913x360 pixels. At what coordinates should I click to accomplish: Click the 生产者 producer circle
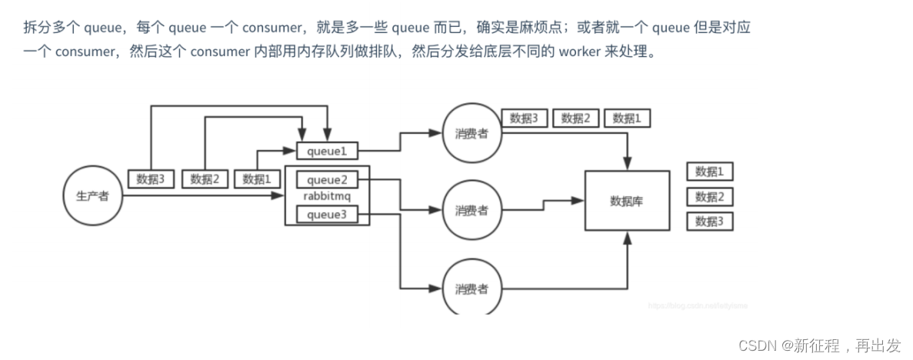pyautogui.click(x=92, y=196)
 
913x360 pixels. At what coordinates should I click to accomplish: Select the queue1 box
pyautogui.click(x=327, y=152)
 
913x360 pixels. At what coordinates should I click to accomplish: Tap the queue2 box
pyautogui.click(x=327, y=181)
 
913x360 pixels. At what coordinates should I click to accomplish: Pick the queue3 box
pyautogui.click(x=327, y=215)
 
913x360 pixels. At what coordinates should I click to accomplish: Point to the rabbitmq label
pyautogui.click(x=327, y=198)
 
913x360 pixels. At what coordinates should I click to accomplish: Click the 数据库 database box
pyautogui.click(x=626, y=202)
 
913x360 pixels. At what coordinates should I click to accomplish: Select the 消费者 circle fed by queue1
pyautogui.click(x=471, y=132)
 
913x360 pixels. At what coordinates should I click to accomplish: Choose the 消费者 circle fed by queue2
pyautogui.click(x=471, y=210)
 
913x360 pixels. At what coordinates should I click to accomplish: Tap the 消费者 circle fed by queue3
pyautogui.click(x=471, y=289)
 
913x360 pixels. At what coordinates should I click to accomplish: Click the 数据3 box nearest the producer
pyautogui.click(x=152, y=179)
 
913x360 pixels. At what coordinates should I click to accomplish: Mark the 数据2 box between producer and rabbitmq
pyautogui.click(x=205, y=179)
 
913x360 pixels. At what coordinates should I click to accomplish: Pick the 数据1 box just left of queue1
pyautogui.click(x=257, y=179)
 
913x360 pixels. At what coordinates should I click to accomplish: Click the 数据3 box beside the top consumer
pyautogui.click(x=524, y=118)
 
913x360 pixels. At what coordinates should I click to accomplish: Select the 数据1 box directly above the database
pyautogui.click(x=627, y=118)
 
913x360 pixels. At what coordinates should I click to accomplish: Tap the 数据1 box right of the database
pyautogui.click(x=709, y=172)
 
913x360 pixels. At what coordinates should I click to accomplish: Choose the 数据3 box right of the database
pyautogui.click(x=709, y=222)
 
